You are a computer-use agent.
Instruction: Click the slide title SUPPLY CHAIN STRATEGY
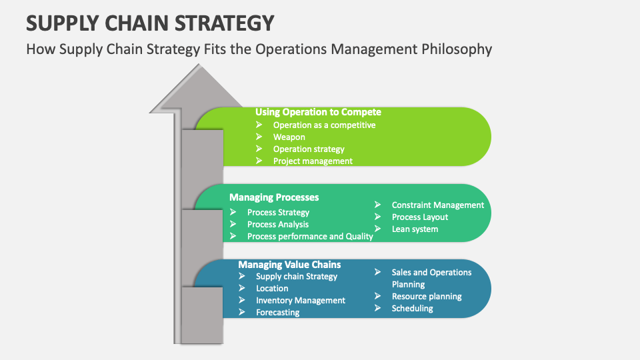(x=150, y=23)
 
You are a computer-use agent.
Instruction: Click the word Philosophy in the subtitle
(x=457, y=49)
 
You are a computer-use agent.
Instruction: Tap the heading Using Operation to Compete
(x=319, y=112)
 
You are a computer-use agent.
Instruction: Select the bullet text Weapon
(x=289, y=137)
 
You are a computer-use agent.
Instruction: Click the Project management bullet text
(x=313, y=161)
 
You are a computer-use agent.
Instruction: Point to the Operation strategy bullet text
(x=309, y=149)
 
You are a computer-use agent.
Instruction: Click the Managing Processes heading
(x=274, y=197)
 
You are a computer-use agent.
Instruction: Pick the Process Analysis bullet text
(x=278, y=225)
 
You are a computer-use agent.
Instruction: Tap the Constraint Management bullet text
(x=438, y=205)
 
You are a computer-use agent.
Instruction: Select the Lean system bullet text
(x=415, y=229)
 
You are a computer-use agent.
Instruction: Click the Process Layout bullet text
(x=419, y=217)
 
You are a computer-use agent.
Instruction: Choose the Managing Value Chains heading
(x=289, y=265)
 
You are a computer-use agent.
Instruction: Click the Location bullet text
(x=272, y=289)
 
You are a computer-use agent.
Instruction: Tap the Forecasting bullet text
(x=277, y=313)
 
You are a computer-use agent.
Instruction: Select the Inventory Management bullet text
(x=301, y=301)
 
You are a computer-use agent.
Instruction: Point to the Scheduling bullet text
(x=412, y=309)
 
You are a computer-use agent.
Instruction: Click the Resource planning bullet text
(x=427, y=297)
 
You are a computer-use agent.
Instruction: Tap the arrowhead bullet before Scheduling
(x=377, y=308)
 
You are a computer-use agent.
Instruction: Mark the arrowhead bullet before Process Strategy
(x=233, y=212)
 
